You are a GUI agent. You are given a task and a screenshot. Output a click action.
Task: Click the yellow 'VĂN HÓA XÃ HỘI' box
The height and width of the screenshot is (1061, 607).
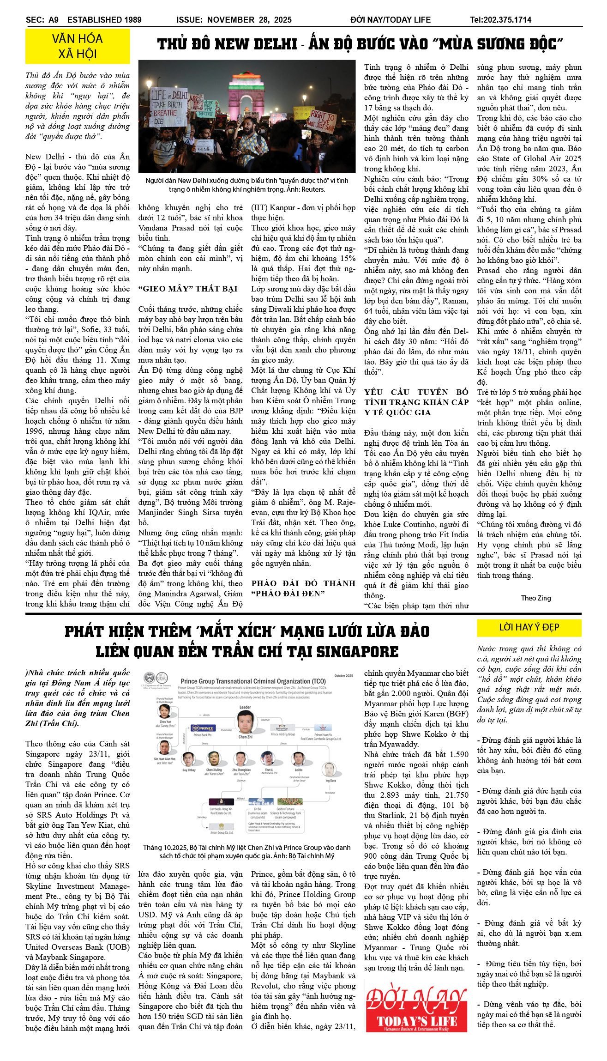78,46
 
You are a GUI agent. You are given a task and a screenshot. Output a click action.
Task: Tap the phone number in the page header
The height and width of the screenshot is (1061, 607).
500,20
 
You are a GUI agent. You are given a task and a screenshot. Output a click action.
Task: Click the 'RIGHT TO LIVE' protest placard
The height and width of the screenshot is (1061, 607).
322,121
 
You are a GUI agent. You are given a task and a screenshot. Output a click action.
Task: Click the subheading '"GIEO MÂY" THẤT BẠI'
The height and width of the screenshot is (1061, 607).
188,289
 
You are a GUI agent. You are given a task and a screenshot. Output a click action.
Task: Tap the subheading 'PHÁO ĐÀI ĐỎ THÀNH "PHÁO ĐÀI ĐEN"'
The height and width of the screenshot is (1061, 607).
303,588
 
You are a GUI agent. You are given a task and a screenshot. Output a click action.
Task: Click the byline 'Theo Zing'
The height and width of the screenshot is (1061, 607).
535,598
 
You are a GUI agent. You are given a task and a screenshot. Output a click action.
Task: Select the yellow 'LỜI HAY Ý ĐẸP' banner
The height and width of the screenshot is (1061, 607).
529,627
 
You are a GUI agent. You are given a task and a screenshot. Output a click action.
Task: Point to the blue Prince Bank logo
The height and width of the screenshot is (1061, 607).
203,728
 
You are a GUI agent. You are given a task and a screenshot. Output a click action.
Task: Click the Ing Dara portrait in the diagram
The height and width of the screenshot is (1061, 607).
329,770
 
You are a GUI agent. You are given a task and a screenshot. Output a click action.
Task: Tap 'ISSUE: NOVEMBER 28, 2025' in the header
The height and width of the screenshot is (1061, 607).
234,20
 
